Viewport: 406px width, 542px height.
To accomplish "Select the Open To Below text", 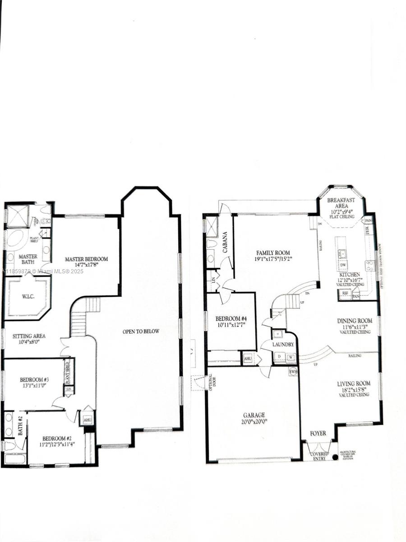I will [141, 332].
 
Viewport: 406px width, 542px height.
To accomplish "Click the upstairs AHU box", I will [87, 420].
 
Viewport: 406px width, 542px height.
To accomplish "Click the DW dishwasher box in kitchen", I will [343, 266].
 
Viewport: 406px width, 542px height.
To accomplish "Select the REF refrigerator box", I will [345, 293].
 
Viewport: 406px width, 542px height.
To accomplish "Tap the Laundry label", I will [283, 344].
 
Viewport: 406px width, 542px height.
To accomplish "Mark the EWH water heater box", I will [293, 371].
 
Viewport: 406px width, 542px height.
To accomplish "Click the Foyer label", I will [318, 434].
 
